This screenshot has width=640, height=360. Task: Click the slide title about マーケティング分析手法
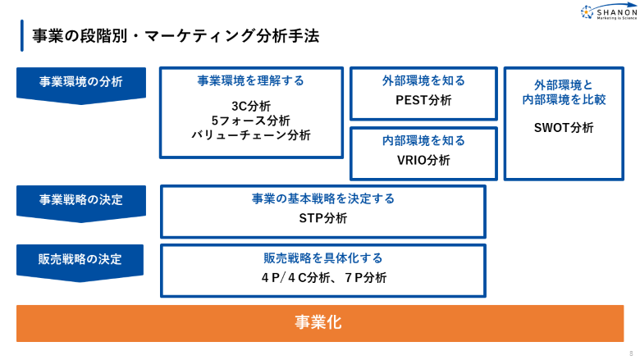pyautogui.click(x=175, y=36)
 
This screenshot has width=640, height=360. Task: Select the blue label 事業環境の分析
pyautogui.click(x=80, y=82)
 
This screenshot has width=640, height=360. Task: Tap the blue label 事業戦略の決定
pyautogui.click(x=80, y=200)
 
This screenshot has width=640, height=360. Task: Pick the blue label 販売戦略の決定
pyautogui.click(x=80, y=259)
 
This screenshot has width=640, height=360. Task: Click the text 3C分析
pyautogui.click(x=251, y=106)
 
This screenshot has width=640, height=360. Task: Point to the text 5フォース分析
pyautogui.click(x=251, y=121)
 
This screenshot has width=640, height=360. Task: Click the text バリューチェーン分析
pyautogui.click(x=251, y=135)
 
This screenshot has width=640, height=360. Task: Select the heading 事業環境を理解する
pyautogui.click(x=251, y=80)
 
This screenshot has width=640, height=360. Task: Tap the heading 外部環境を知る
pyautogui.click(x=423, y=80)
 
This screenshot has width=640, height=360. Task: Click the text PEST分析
pyautogui.click(x=423, y=100)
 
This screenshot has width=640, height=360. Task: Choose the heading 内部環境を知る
pyautogui.click(x=423, y=140)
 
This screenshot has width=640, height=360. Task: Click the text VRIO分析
pyautogui.click(x=423, y=160)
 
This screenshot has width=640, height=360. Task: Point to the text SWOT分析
pyautogui.click(x=564, y=127)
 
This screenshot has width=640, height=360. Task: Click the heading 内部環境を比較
pyautogui.click(x=564, y=100)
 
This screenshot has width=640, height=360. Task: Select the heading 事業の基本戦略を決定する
pyautogui.click(x=323, y=198)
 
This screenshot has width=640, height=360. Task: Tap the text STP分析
pyautogui.click(x=323, y=218)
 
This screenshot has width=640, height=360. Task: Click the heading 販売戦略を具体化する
pyautogui.click(x=323, y=257)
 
